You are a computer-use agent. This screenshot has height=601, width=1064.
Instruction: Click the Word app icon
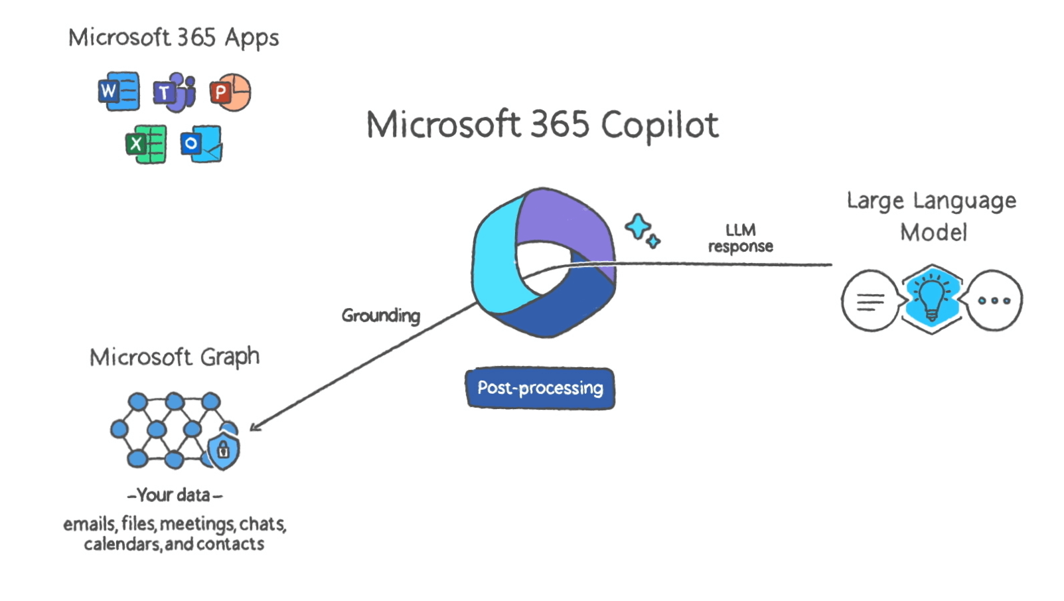pos(119,91)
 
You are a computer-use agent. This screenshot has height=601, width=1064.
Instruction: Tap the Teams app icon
pos(175,92)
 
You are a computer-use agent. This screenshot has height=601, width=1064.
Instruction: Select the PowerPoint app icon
pos(230,92)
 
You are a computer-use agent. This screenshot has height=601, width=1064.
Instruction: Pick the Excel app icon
pos(146,143)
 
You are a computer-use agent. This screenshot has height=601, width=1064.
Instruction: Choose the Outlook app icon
pos(201,143)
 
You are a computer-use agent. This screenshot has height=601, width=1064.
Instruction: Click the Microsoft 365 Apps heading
pos(174,38)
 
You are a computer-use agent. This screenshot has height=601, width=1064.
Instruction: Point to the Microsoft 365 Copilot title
pos(542,125)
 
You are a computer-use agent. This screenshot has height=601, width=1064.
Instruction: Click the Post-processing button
pos(540,388)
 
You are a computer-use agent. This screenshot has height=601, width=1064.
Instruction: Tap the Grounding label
pos(381,315)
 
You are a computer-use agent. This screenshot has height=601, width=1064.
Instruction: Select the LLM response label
pos(741,238)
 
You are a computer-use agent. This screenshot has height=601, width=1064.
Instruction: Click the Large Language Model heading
pos(932,216)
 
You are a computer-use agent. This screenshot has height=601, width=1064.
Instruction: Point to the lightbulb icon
pos(931,298)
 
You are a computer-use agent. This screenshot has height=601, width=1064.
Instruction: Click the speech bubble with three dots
pos(994,300)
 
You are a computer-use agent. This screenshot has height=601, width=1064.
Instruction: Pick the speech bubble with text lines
pos(870,301)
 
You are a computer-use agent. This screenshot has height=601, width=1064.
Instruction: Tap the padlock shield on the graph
pos(224,450)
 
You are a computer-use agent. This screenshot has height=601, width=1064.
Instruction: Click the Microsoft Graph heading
pos(175,357)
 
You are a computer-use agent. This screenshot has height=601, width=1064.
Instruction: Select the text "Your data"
pos(174,495)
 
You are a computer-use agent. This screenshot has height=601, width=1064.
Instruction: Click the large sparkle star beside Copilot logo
pos(639,227)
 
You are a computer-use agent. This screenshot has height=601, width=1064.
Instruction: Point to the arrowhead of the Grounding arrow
pos(256,426)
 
